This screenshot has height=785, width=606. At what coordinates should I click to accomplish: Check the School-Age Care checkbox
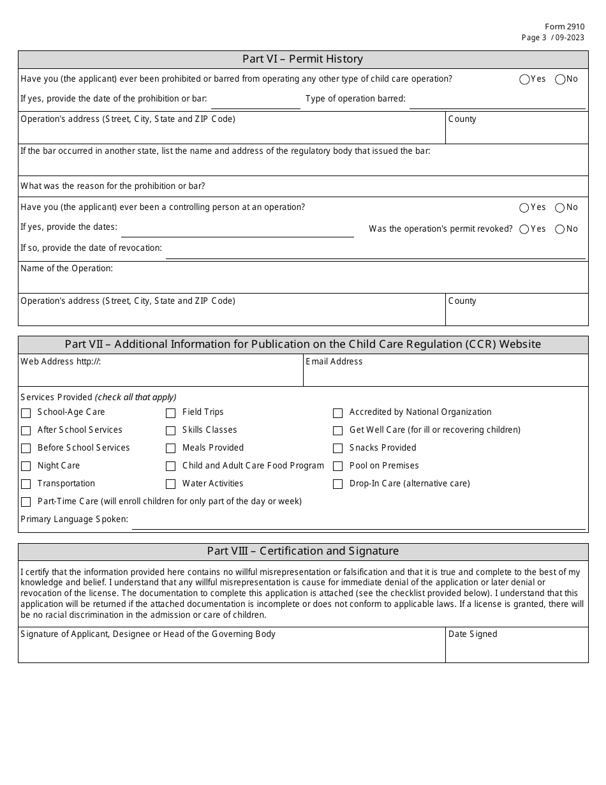click(26, 413)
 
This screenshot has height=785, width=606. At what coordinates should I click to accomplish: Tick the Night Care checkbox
click(26, 467)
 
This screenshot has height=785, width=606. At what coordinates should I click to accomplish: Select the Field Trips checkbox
click(171, 413)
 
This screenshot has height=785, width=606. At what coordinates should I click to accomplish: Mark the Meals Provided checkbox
click(171, 449)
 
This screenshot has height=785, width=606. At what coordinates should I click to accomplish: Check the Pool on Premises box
click(338, 467)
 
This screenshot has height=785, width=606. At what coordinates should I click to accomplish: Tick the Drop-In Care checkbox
click(338, 484)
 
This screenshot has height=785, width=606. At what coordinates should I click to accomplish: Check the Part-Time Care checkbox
click(26, 502)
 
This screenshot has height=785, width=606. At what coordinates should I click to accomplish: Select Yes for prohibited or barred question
click(524, 80)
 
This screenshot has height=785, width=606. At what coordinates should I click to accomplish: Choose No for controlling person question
click(560, 208)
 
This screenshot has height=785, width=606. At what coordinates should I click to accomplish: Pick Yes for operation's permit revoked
click(524, 230)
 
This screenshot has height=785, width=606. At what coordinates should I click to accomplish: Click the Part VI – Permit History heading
click(302, 59)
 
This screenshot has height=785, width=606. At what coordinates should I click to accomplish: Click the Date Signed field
click(516, 650)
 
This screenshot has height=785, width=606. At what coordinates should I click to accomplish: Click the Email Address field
click(445, 375)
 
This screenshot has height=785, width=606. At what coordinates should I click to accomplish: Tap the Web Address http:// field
click(160, 375)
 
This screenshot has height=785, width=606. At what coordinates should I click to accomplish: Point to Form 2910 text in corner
click(564, 27)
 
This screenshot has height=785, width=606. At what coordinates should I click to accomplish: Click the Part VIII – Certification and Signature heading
click(302, 551)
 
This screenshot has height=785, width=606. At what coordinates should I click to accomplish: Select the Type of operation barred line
click(496, 101)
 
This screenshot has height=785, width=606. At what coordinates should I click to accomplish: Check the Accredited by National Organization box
click(338, 413)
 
